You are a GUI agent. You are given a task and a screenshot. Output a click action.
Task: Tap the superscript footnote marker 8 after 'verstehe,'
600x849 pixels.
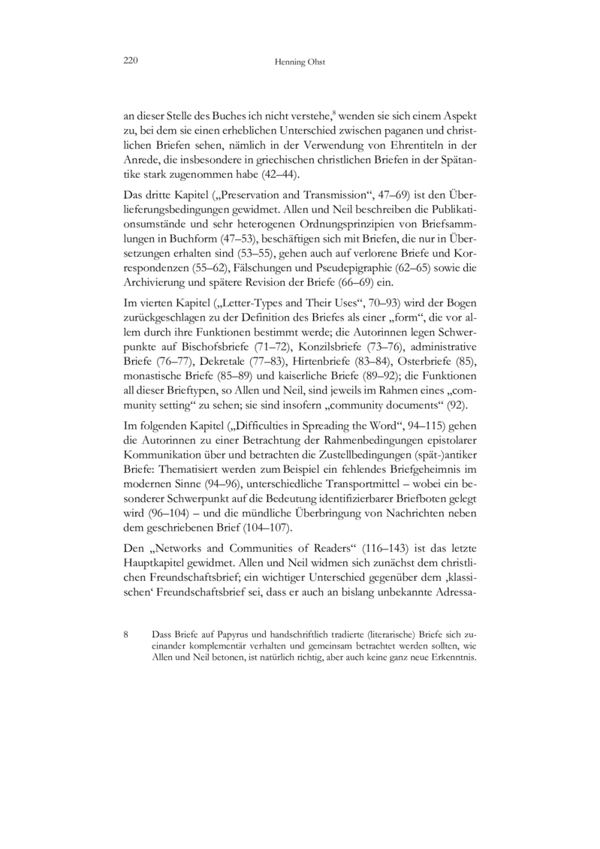point(334,112)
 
